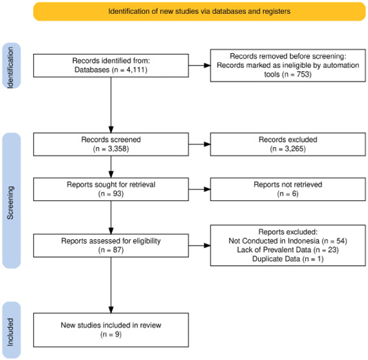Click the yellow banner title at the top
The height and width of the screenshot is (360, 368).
click(x=200, y=11)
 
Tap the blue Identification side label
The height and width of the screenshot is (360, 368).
click(x=11, y=66)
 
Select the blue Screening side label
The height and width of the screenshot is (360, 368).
click(x=11, y=200)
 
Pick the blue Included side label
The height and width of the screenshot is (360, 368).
click(x=11, y=330)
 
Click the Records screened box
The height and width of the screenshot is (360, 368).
click(x=110, y=144)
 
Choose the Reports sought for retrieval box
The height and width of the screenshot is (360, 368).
click(x=110, y=189)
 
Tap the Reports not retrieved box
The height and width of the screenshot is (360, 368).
click(x=288, y=189)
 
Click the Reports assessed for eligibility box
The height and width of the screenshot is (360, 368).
click(x=110, y=245)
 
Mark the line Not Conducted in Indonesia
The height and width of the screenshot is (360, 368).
click(x=288, y=240)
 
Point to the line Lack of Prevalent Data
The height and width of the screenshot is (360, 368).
click(x=288, y=249)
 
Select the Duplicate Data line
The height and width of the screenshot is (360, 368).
click(x=288, y=259)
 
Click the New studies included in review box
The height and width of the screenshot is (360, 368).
click(x=110, y=330)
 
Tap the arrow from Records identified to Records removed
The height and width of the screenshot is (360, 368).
click(x=200, y=66)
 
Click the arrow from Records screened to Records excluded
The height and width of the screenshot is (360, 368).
click(x=200, y=144)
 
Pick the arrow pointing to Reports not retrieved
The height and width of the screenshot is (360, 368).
click(x=200, y=189)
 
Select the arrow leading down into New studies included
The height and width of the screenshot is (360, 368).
click(x=111, y=285)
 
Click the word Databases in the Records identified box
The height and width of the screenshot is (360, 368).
click(x=92, y=70)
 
